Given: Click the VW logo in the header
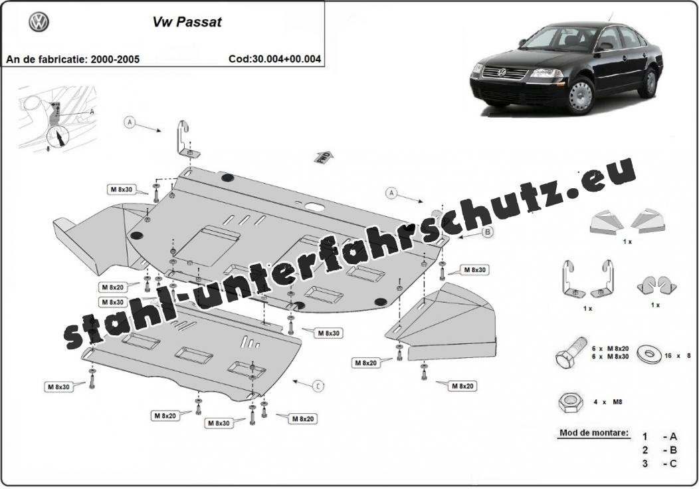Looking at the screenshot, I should pos(39,23).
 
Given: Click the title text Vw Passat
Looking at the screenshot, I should pos(188,21).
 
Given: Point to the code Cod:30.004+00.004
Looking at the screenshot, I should pos(274,59).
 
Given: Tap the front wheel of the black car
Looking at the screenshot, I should pos(581,96).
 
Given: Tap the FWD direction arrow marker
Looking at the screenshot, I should pos(324,156).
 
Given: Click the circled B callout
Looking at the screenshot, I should pos(487,232).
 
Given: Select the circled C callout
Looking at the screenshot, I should pos(319,386).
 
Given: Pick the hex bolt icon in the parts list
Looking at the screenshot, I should pos(569,353).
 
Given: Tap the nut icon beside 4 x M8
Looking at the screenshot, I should pos(569,402).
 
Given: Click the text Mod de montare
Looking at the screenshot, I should pos(593,433).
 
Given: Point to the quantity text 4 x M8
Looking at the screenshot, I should pos(607,402).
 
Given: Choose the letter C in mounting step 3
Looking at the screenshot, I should pos(673,463).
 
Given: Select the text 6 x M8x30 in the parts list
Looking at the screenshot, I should pos(610,358).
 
